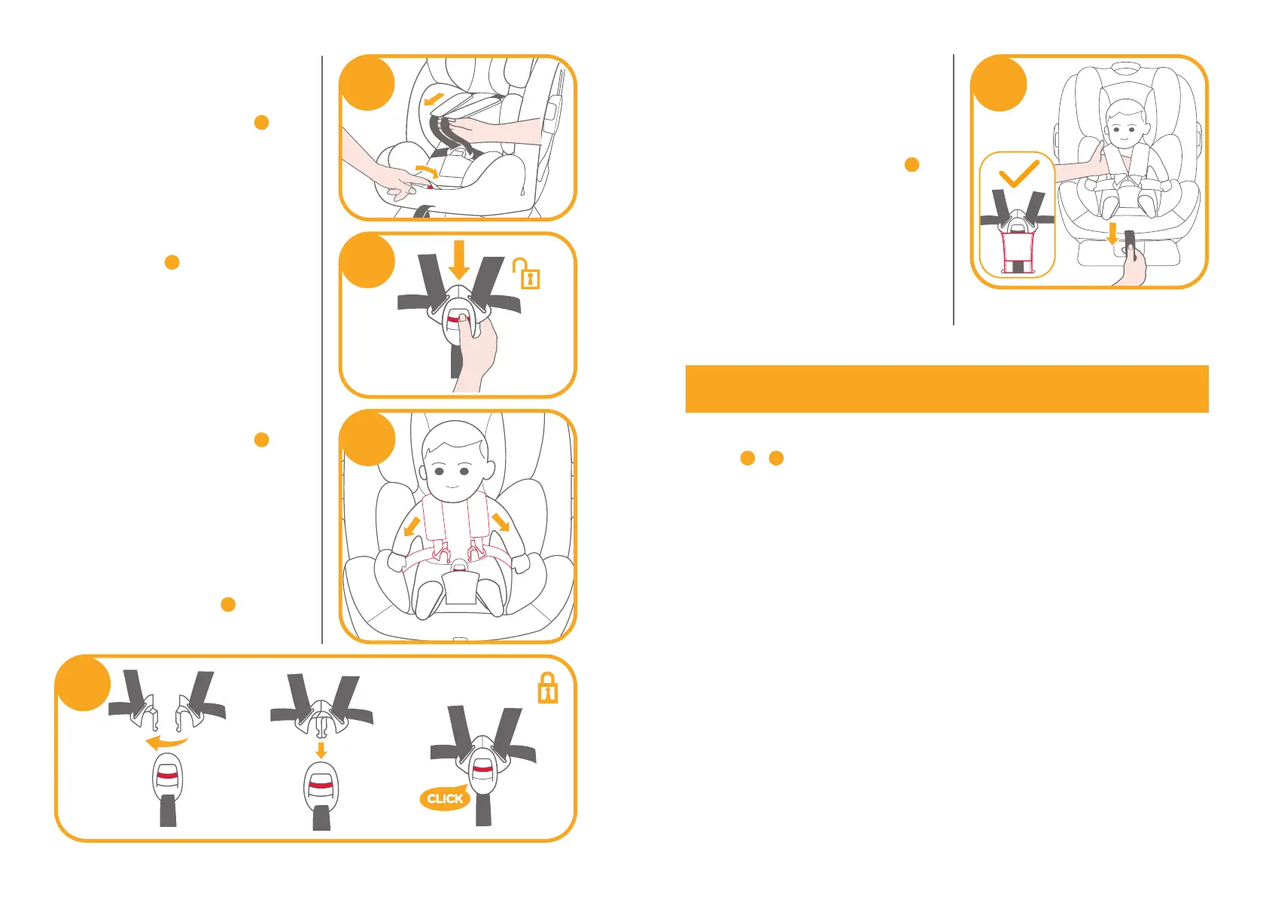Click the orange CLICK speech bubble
pos(444,798)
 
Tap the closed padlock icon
pos(547,688)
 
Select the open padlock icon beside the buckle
pos(527,273)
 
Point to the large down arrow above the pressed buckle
pos(460,260)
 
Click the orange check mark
pos(1018,174)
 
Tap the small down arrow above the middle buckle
pos(321,750)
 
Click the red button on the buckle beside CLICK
pos(482,769)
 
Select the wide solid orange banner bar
pos(947,389)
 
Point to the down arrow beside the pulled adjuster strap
pos(1112,233)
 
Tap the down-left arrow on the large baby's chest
pos(412,526)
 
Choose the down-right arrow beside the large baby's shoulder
pos(501,522)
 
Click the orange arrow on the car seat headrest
pos(434,99)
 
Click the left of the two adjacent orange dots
pos(747,458)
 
